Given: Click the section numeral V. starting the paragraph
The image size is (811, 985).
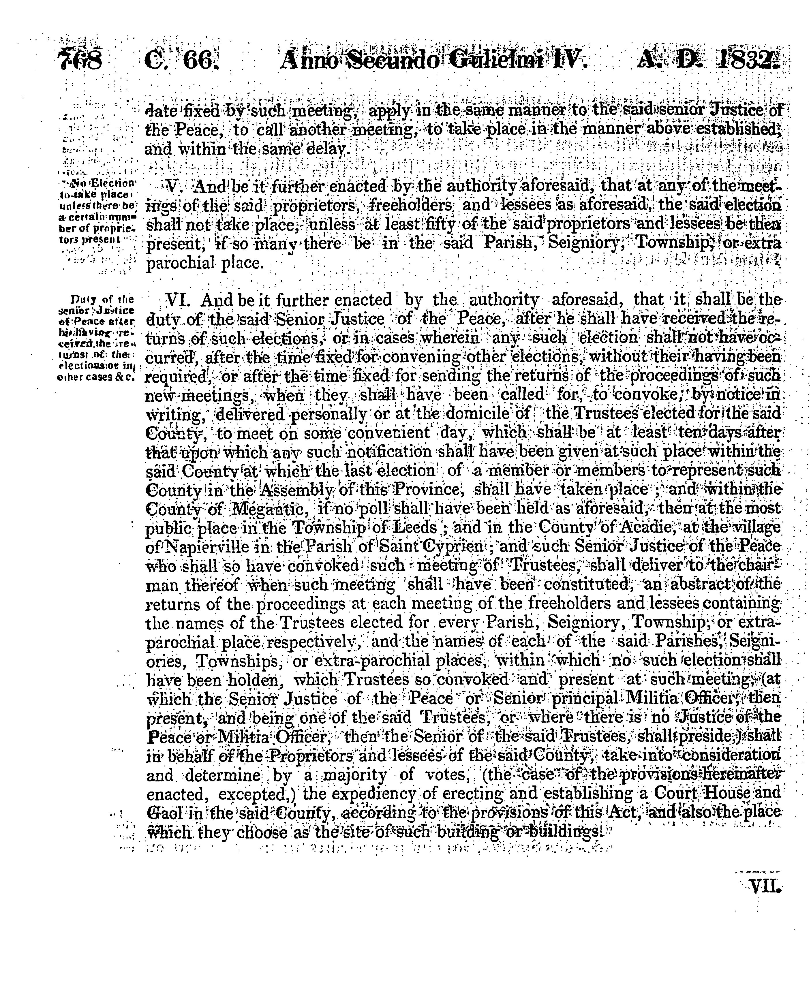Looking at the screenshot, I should (173, 187).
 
